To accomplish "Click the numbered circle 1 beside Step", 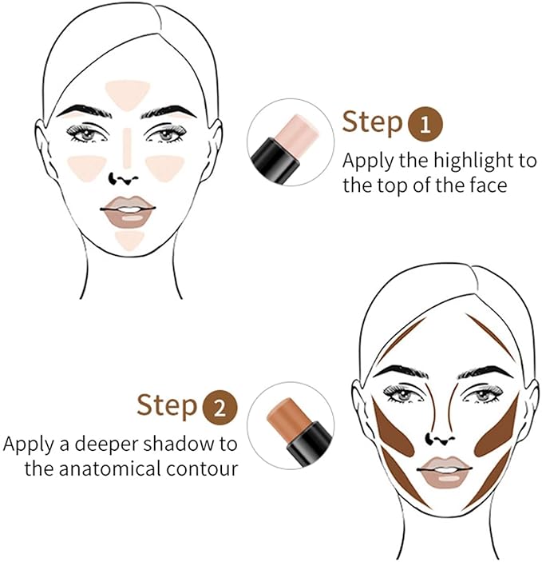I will (x=424, y=124).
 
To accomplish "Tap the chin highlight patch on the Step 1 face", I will (x=129, y=238).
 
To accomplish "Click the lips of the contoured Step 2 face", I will (x=445, y=471).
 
